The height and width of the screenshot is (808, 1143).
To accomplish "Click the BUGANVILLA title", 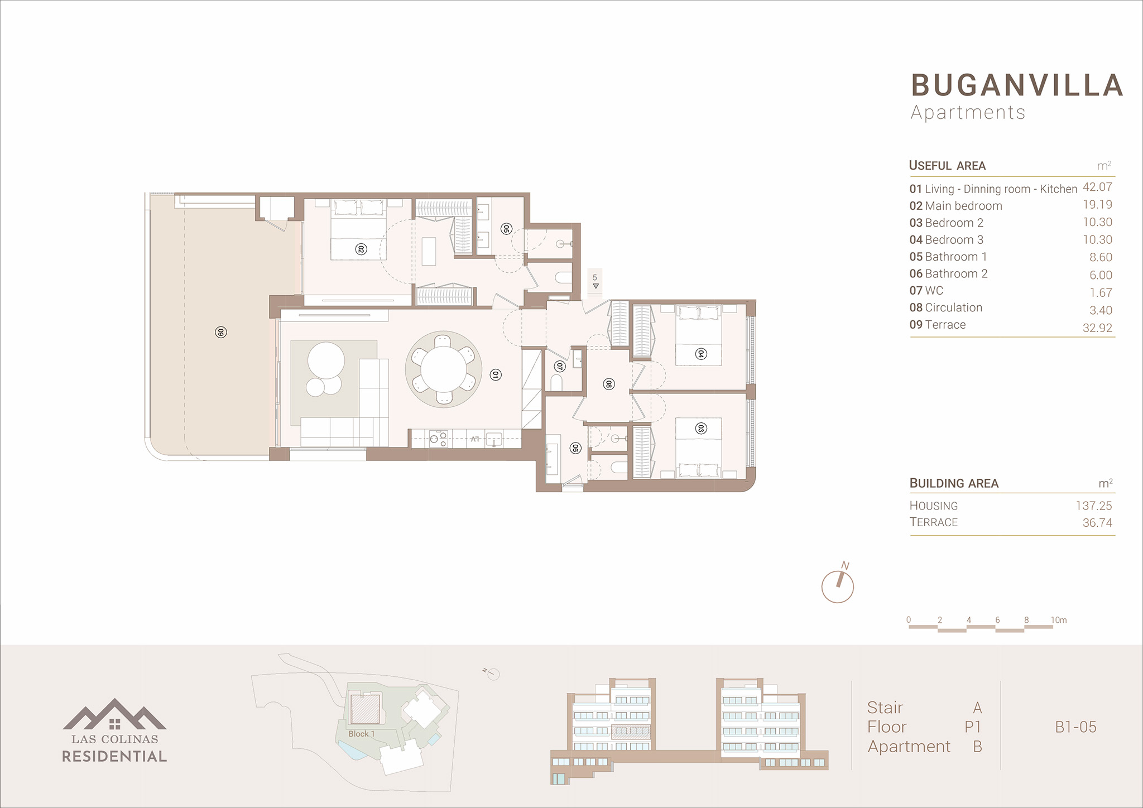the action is (x=1017, y=85).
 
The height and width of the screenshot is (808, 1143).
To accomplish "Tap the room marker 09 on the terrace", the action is (x=220, y=333).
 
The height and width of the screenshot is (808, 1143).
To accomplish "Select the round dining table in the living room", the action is (x=444, y=369).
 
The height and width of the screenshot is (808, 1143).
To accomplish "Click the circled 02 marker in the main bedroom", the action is (x=361, y=249).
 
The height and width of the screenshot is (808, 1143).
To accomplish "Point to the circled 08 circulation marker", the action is (x=609, y=384).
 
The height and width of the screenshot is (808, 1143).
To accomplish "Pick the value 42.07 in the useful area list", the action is (x=1097, y=187).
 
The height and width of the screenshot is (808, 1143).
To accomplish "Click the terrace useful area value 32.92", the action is (x=1097, y=328).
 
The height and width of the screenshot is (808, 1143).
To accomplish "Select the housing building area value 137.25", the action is (x=1094, y=506).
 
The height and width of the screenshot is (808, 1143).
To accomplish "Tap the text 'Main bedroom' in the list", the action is (x=963, y=206).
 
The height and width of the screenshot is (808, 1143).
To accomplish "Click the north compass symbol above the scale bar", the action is (x=838, y=586).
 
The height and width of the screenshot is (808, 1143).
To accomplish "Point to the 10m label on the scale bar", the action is (x=1059, y=620).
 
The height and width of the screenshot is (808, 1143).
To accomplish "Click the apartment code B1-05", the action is (x=1075, y=727).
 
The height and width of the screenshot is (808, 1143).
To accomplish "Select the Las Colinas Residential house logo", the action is (x=114, y=714).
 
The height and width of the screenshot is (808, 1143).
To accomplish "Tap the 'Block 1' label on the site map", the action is (x=362, y=734).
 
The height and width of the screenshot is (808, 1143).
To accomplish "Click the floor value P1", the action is (x=973, y=727).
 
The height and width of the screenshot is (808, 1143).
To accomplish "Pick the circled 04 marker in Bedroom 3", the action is (x=701, y=354).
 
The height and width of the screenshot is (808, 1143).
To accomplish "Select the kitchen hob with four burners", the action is (x=439, y=439).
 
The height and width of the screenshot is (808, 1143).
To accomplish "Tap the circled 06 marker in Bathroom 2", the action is (x=575, y=448).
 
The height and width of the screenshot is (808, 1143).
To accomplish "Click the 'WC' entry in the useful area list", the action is (x=934, y=291).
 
